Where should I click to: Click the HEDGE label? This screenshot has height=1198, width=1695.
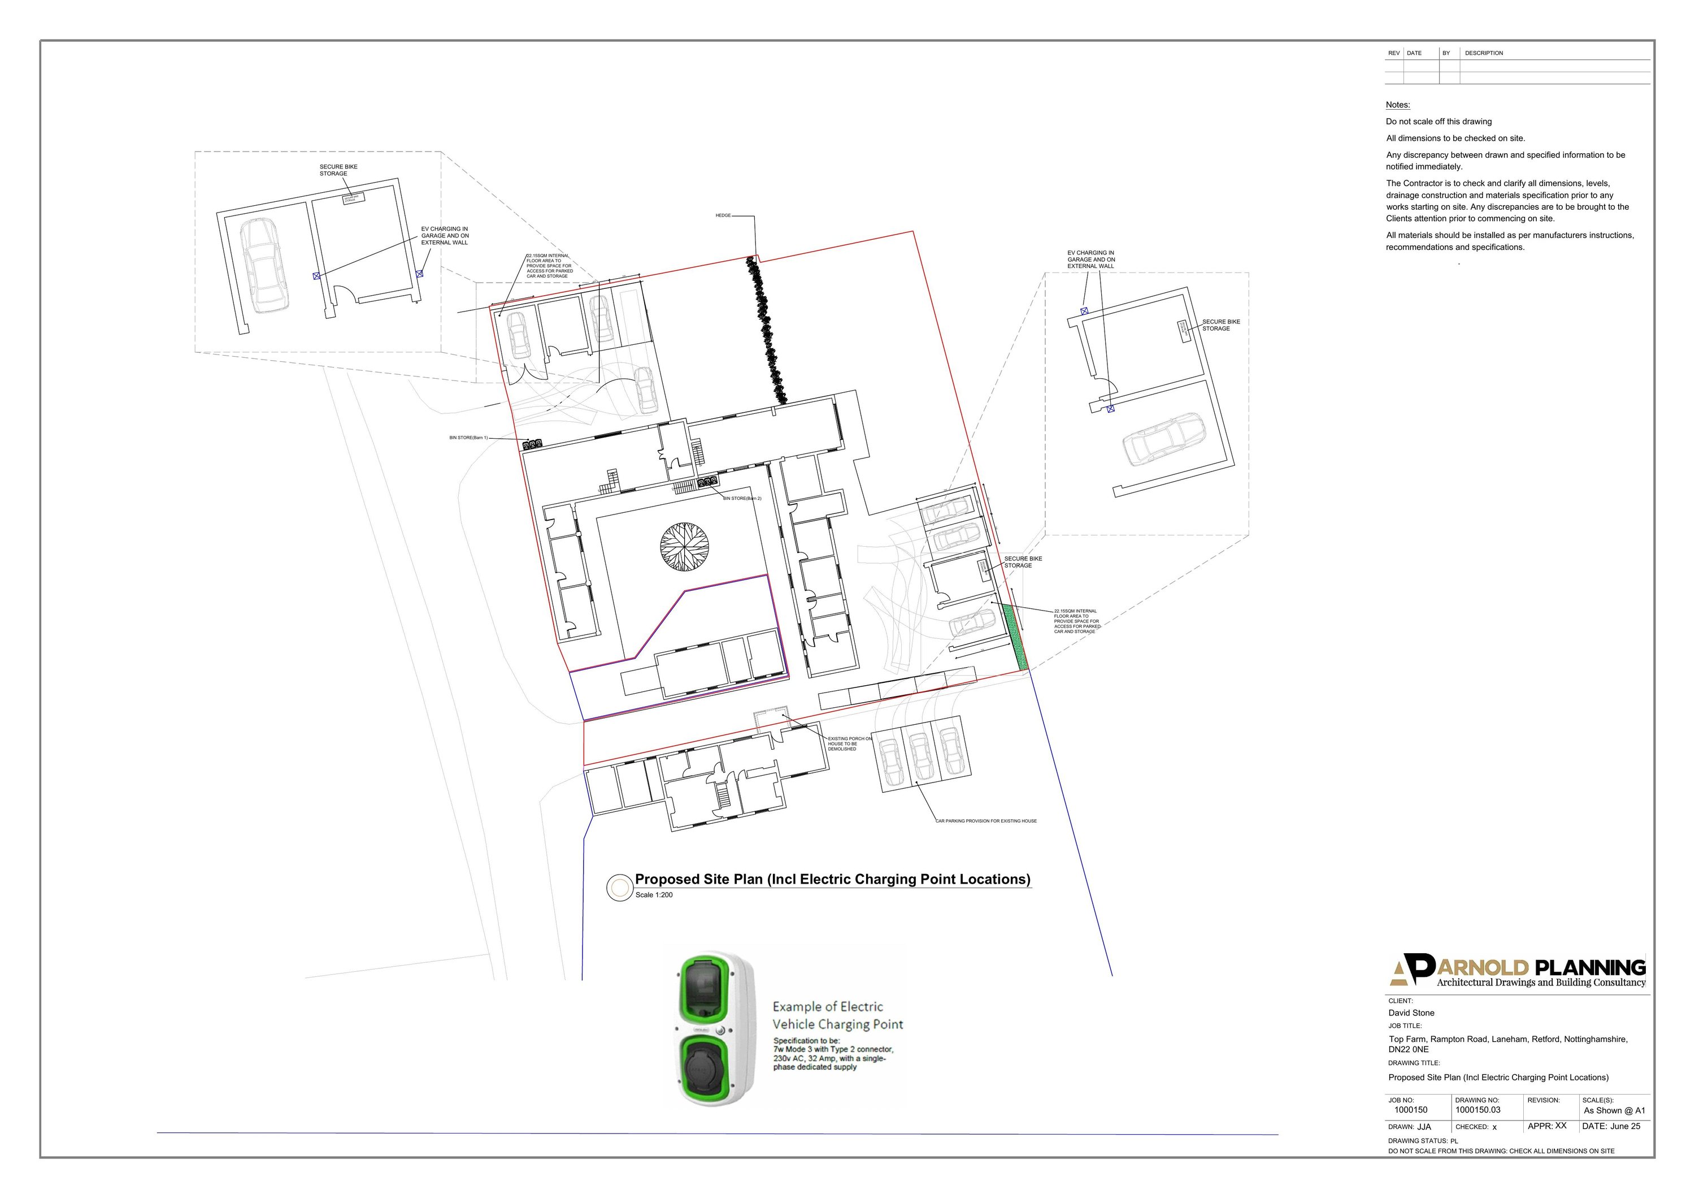[722, 215]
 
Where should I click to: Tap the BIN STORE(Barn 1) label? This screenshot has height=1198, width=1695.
[468, 438]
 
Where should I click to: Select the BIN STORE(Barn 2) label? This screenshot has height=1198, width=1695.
[742, 499]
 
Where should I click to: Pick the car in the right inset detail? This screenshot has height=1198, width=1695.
[1163, 439]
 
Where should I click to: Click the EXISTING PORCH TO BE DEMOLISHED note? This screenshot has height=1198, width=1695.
[849, 744]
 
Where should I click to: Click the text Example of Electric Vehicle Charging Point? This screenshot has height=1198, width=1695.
[837, 1015]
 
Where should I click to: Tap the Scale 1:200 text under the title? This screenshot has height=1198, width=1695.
[653, 895]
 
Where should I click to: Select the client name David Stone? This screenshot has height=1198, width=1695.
[1411, 1013]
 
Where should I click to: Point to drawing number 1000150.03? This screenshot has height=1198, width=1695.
[1477, 1110]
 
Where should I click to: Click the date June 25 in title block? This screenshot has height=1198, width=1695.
[1624, 1126]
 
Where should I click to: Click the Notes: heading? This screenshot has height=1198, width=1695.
[1397, 105]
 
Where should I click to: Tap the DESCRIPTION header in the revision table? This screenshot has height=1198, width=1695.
[1483, 53]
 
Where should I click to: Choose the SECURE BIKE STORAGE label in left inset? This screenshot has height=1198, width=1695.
[338, 170]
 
